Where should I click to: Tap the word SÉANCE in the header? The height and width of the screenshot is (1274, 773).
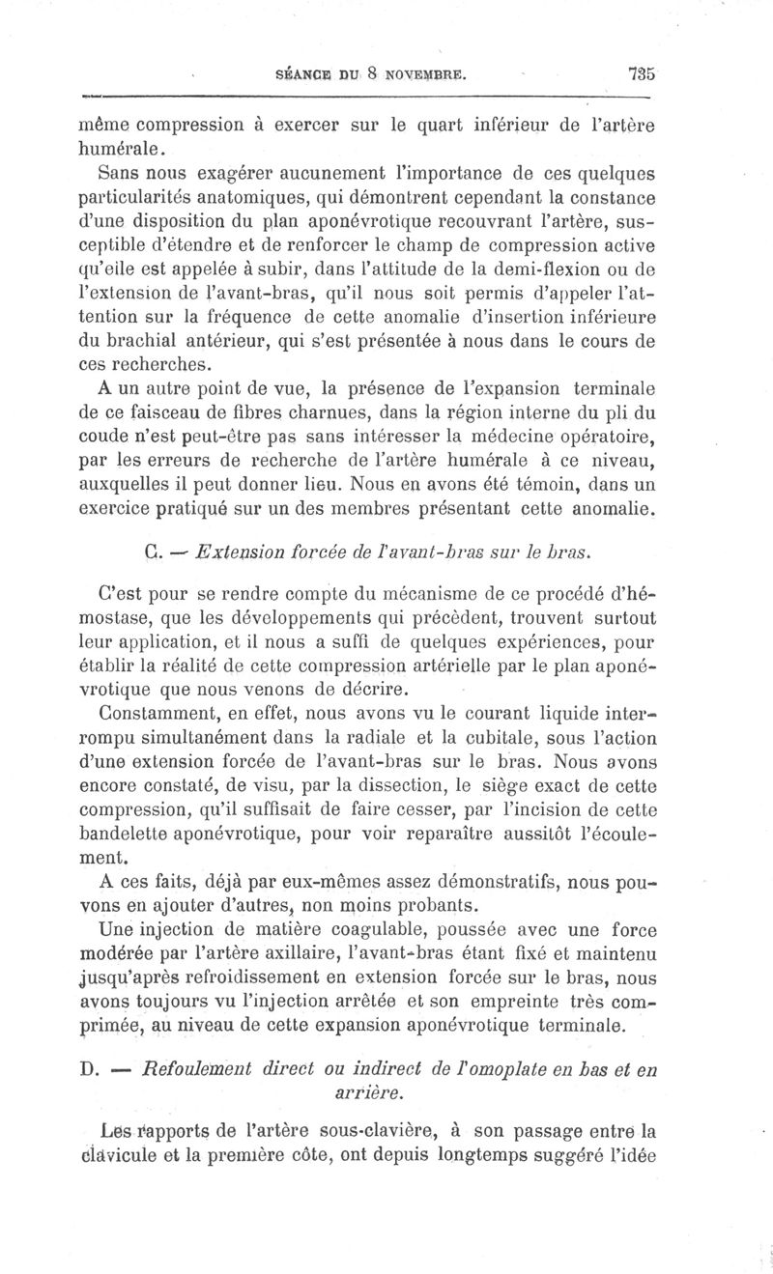(x=305, y=71)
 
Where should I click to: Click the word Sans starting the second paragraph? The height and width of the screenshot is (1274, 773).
(x=119, y=175)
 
